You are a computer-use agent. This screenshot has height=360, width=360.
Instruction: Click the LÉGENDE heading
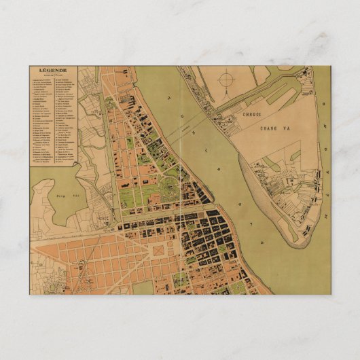pyautogui.click(x=54, y=71)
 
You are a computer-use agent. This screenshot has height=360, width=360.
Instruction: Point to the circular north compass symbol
pyautogui.click(x=224, y=85)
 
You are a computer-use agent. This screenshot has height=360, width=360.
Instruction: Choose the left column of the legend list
pyautogui.click(x=42, y=115)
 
